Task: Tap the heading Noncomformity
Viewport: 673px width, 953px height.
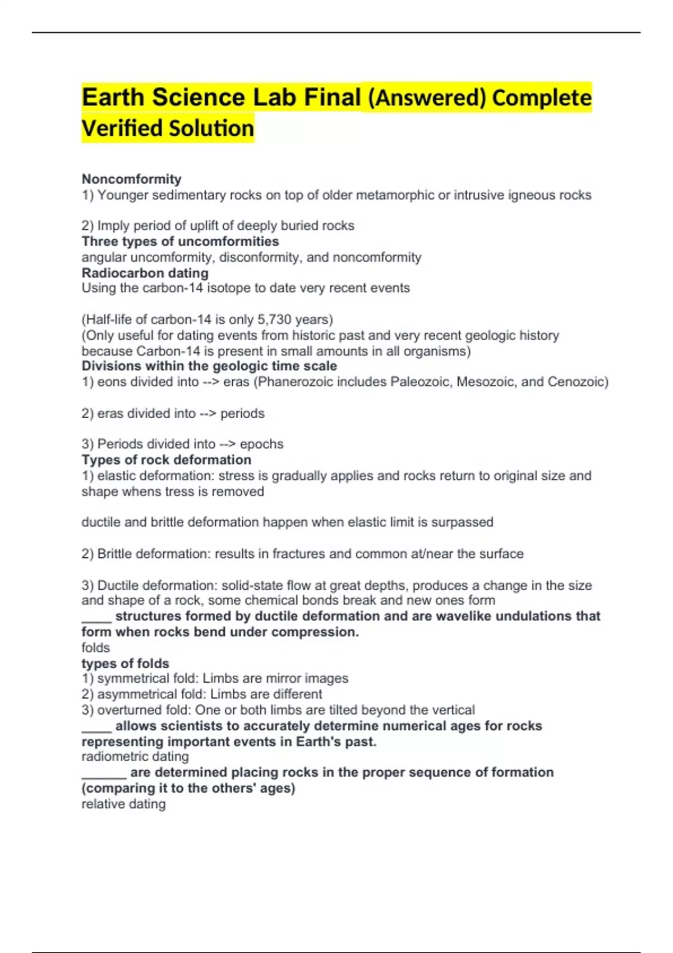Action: pyautogui.click(x=131, y=179)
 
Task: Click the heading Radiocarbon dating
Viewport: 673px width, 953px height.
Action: pyautogui.click(x=145, y=273)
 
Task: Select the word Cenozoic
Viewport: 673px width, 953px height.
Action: pyautogui.click(x=578, y=382)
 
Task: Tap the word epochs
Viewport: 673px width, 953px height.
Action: pyautogui.click(x=261, y=444)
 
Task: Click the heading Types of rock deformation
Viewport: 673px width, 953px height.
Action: pyautogui.click(x=166, y=460)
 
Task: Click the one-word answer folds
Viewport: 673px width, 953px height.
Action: pyautogui.click(x=95, y=647)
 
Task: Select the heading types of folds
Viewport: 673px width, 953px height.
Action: pyautogui.click(x=125, y=663)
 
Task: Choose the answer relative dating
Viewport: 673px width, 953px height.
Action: pyautogui.click(x=123, y=804)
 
